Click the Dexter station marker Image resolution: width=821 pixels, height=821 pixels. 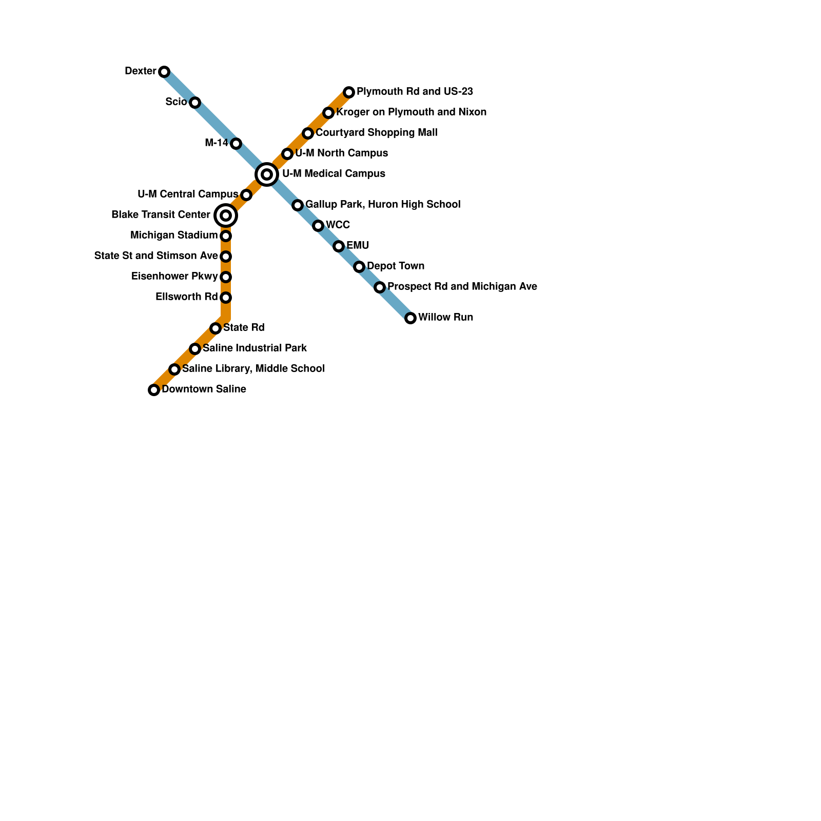click(164, 72)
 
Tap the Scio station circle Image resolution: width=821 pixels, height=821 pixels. click(195, 103)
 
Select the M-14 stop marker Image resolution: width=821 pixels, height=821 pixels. click(236, 144)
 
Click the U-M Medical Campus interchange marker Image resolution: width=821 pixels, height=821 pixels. click(267, 174)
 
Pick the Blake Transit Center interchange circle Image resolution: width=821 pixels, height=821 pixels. click(226, 216)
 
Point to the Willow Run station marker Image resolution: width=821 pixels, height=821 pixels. click(411, 318)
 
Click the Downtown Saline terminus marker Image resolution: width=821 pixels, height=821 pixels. click(154, 390)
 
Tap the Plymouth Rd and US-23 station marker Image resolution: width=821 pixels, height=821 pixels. click(349, 92)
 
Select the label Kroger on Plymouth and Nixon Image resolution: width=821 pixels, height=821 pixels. click(412, 112)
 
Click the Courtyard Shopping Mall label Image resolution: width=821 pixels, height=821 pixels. click(377, 132)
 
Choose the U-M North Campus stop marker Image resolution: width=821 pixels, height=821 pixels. click(287, 154)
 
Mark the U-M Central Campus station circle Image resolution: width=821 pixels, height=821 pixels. click(246, 195)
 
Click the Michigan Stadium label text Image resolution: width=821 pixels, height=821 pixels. click(174, 235)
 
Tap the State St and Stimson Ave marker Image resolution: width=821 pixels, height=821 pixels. click(226, 257)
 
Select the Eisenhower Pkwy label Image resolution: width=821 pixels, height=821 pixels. click(174, 276)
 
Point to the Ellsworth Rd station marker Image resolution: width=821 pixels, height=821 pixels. click(226, 298)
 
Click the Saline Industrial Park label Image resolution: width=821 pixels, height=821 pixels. click(255, 348)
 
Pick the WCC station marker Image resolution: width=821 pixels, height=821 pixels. click(318, 226)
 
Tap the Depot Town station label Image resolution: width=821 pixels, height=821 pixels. click(396, 266)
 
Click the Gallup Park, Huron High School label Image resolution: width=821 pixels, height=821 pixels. click(383, 204)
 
